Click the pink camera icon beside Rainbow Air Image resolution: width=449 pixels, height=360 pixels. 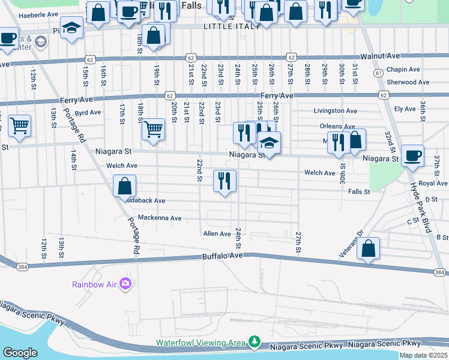tap(125, 283)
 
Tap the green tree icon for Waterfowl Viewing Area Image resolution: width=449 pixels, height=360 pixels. tap(255, 342)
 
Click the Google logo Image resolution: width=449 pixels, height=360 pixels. tap(20, 353)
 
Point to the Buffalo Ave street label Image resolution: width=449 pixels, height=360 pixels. tap(223, 256)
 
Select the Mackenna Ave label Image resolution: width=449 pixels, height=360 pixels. tap(159, 218)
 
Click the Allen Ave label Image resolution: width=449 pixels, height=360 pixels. tap(217, 233)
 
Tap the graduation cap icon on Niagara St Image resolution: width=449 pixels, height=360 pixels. tap(269, 143)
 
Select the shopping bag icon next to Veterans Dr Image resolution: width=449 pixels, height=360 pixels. tap(368, 248)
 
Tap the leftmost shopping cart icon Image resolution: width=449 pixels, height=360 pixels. tap(19, 126)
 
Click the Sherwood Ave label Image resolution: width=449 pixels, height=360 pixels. tap(408, 82)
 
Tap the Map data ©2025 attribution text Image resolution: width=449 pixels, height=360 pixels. tap(423, 355)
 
